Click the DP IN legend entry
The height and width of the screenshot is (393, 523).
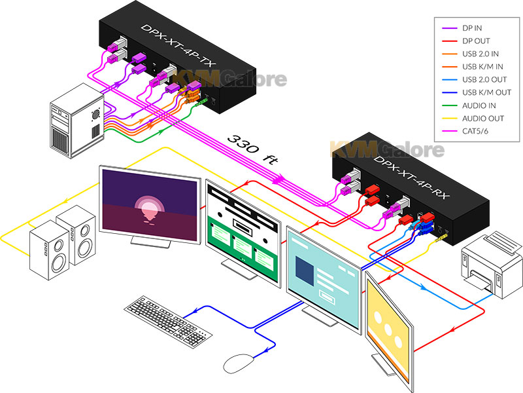coord(471,28)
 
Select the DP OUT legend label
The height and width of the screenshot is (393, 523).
coord(476,41)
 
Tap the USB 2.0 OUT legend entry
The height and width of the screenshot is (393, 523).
coord(484,80)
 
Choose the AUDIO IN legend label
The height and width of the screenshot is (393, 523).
coord(479,105)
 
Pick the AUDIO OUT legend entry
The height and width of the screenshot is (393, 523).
coord(483,119)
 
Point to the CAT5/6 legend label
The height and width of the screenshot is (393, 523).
coord(475,132)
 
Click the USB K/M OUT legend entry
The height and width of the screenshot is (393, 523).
coord(486,92)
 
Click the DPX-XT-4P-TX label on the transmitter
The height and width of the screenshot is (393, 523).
coord(178,46)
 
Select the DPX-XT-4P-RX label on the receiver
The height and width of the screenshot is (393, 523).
coord(412,177)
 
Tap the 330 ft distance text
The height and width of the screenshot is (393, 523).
coord(252,149)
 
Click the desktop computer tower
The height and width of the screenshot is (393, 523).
coord(76,121)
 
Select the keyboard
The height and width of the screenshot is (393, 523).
coord(168,322)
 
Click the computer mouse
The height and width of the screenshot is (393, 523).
coord(239,364)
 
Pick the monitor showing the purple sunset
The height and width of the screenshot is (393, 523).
coord(150,206)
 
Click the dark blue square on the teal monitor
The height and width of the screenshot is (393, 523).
coord(305,271)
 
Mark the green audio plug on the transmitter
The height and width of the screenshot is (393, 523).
coord(200,102)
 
